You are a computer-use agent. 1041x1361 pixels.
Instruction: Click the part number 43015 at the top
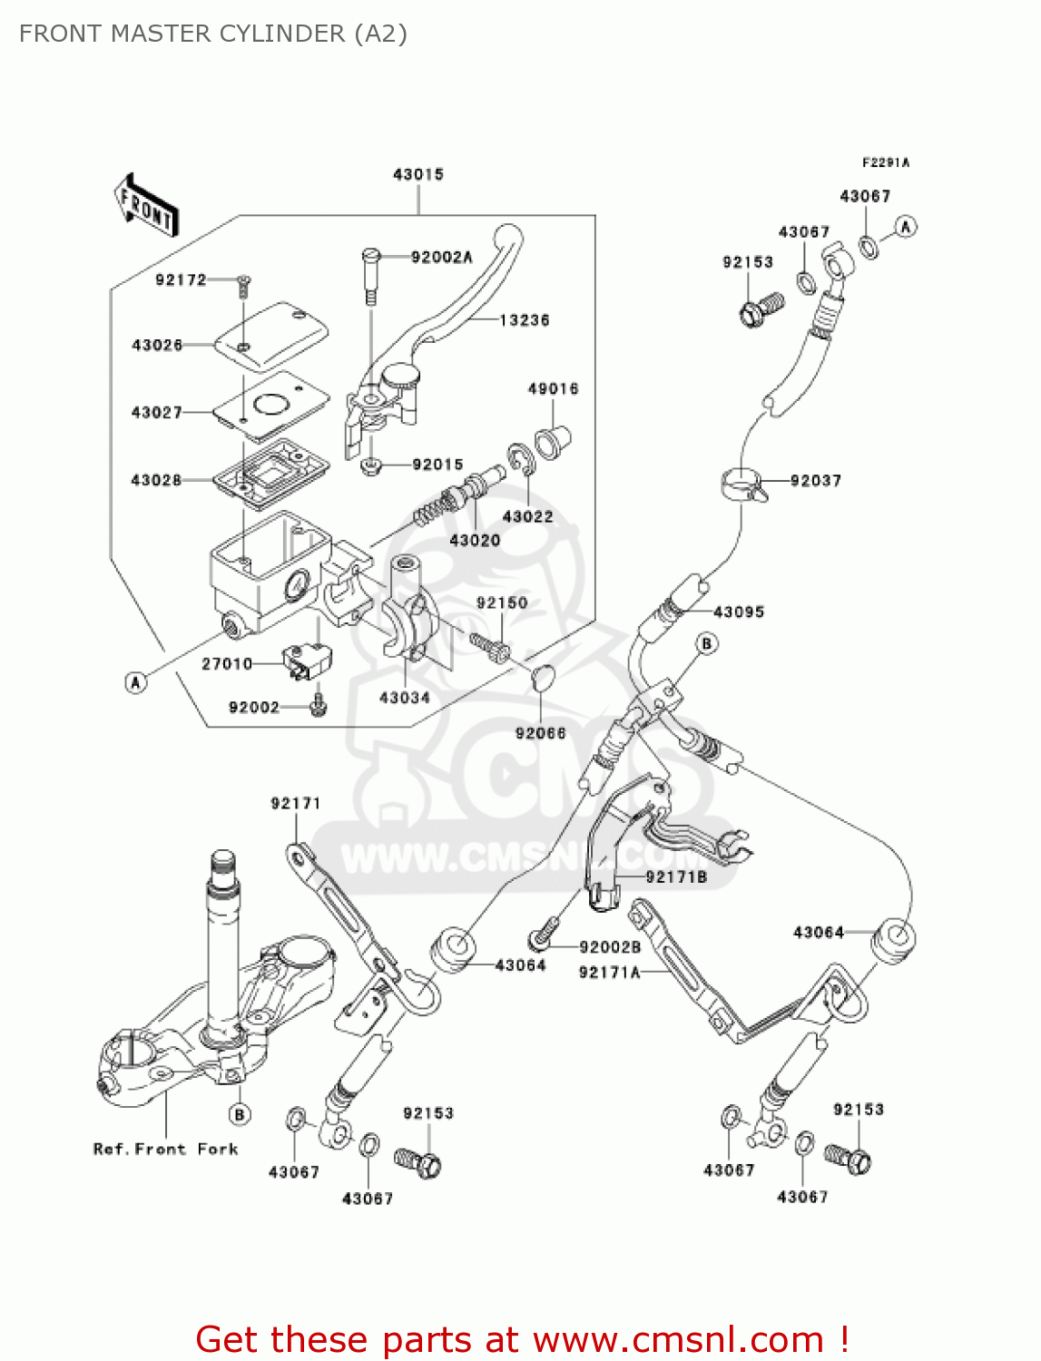click(417, 174)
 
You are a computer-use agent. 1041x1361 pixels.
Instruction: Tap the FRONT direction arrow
click(145, 206)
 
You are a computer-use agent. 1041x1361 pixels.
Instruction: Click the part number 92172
click(181, 279)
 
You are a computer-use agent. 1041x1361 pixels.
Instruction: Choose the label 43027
click(156, 412)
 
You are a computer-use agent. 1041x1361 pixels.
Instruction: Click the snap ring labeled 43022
click(521, 460)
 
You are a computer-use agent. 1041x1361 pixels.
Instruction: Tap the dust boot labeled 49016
click(553, 440)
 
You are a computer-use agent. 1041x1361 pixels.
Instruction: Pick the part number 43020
click(475, 540)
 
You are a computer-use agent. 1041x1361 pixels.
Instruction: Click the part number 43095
click(739, 612)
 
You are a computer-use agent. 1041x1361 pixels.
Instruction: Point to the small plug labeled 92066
click(541, 676)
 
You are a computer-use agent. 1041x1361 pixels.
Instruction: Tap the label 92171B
click(676, 876)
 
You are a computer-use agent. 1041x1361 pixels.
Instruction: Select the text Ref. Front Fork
click(165, 1149)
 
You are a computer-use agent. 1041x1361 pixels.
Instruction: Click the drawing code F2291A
click(885, 162)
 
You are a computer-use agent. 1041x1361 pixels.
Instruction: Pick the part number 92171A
click(609, 972)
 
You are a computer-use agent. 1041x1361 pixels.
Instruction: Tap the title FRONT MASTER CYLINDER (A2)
click(213, 34)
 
